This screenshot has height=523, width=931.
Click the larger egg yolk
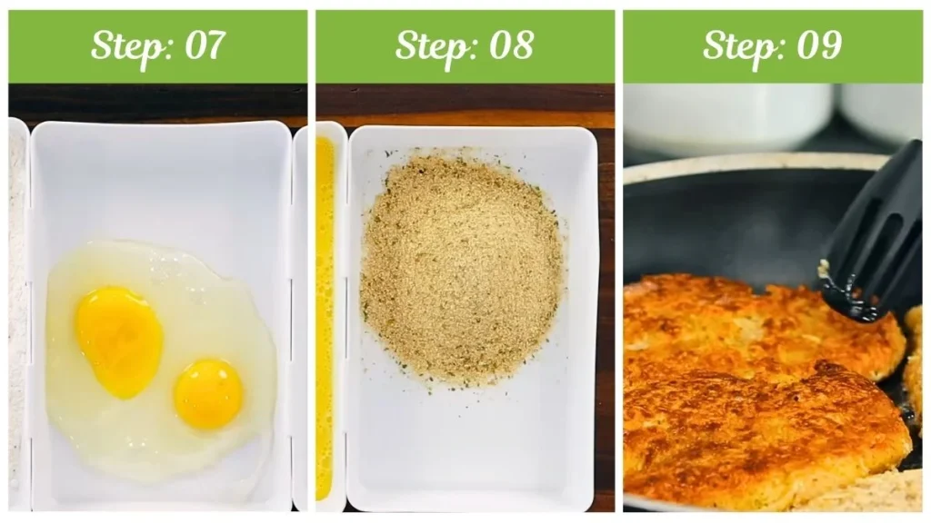click(119, 342)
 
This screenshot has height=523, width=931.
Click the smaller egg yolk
click(208, 393)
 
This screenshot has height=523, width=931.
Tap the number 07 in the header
click(205, 45)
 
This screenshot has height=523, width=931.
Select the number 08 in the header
click(511, 45)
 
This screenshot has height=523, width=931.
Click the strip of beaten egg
click(325, 317)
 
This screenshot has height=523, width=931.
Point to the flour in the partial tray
click(16, 309)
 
